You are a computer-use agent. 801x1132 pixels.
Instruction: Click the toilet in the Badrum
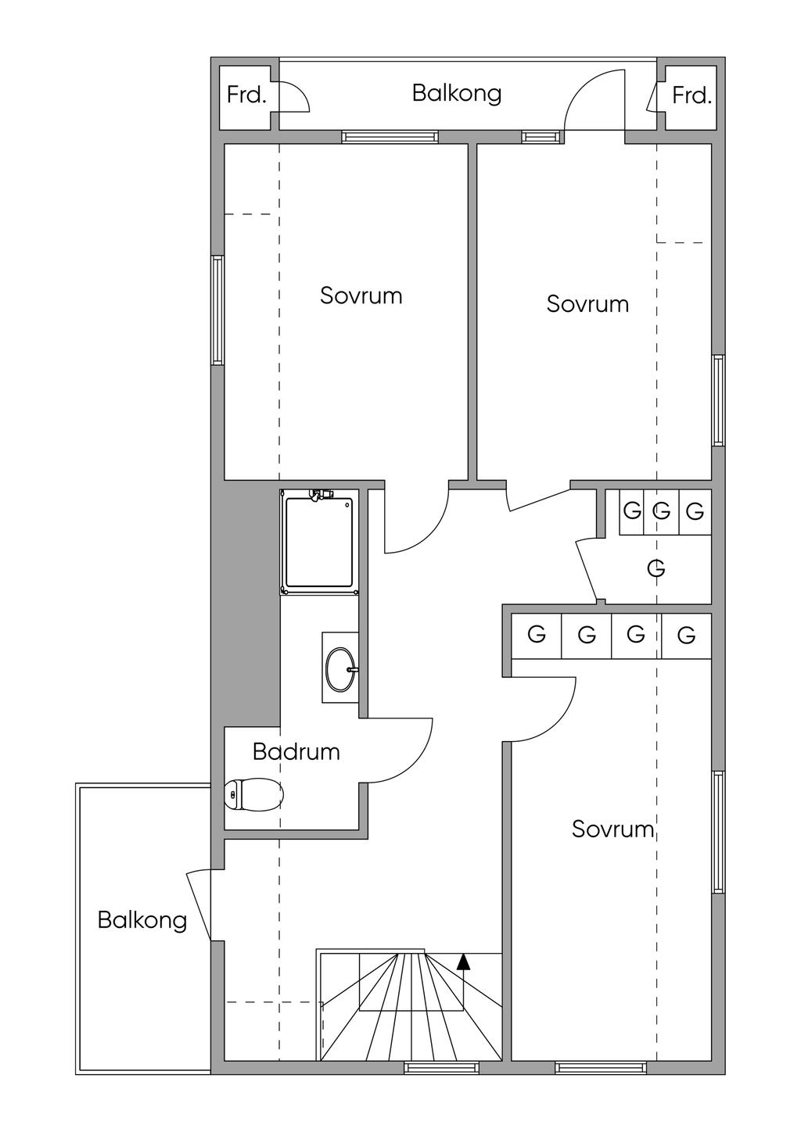coord(254,794)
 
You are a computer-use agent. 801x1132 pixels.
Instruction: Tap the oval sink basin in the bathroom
coord(341,670)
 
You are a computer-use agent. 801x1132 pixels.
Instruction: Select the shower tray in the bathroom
coord(319,543)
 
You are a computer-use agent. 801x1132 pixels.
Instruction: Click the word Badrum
coord(296,752)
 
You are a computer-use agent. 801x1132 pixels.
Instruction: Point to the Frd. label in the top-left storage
coord(246,95)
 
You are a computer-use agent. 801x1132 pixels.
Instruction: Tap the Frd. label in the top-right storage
coord(691,95)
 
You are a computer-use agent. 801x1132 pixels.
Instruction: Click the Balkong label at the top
coord(457,94)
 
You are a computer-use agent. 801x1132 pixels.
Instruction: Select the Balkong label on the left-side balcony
coord(142,919)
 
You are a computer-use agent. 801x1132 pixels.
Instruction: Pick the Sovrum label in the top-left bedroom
coord(361,296)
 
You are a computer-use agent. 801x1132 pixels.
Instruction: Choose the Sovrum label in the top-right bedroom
coord(587,304)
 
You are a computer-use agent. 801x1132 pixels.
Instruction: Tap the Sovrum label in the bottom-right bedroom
coord(613,829)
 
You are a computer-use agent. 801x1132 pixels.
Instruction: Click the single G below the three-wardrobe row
coord(656,568)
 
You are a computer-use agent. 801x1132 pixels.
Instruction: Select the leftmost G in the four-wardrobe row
coord(536,634)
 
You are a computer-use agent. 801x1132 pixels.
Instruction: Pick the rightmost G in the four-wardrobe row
coord(686,635)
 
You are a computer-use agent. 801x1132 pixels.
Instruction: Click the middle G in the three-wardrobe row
coord(662,511)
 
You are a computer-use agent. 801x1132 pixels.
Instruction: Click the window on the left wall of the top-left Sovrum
coord(217,310)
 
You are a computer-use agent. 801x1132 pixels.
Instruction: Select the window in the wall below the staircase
coord(441,1064)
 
